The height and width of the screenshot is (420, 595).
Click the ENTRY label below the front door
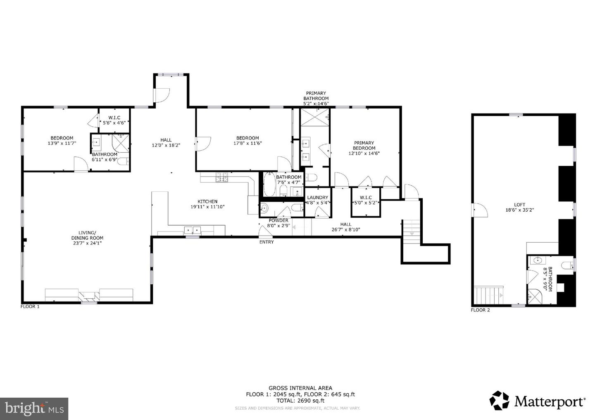(267, 242)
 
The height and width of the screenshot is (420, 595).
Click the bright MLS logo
(34, 408)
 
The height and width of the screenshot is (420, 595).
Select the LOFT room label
(519, 205)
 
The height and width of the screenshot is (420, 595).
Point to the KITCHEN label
(207, 201)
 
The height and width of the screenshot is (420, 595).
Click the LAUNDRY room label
(318, 198)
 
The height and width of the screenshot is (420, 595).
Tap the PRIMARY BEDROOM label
(364, 146)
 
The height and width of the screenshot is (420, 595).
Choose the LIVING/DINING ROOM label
(87, 235)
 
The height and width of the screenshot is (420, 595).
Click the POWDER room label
(278, 220)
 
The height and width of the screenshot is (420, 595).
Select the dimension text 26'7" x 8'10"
(346, 230)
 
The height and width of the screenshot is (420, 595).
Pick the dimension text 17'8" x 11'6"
(248, 144)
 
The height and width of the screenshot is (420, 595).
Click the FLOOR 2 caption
(480, 310)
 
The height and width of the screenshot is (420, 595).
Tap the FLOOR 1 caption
(30, 307)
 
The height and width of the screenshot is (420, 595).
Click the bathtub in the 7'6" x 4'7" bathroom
(269, 185)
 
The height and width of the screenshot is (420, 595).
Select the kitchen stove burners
(221, 178)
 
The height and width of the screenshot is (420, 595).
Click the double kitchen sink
(192, 230)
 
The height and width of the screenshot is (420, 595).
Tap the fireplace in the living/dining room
(89, 295)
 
